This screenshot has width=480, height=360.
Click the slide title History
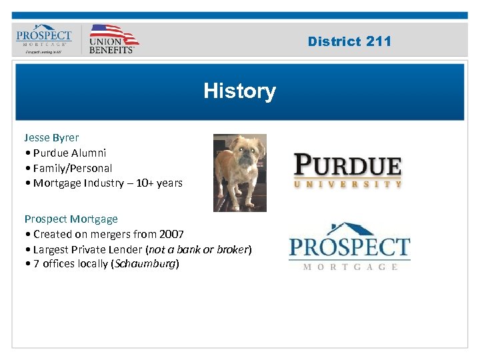tap(239, 91)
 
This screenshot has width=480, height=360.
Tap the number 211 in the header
tap(379, 41)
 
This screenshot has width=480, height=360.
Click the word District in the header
tap(334, 41)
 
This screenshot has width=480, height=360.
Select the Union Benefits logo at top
tap(113, 39)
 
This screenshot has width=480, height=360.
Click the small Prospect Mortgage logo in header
tap(43, 39)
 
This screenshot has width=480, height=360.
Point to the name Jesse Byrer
tap(52, 137)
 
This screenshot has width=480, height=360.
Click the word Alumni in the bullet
tap(88, 153)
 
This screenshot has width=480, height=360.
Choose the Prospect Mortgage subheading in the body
tap(71, 219)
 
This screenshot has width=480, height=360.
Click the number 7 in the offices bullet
tap(37, 264)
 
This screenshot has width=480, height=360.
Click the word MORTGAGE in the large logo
tap(350, 267)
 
